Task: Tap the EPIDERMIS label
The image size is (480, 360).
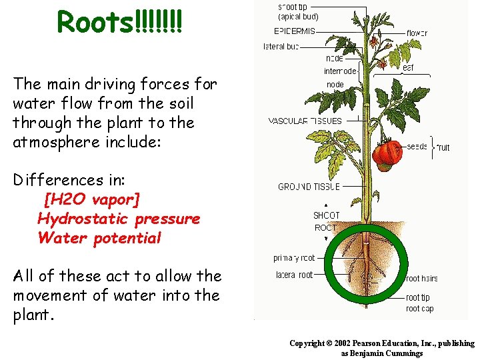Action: (x=295, y=31)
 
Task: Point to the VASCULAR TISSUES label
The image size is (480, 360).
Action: (x=305, y=121)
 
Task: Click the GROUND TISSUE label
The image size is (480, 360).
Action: (x=309, y=187)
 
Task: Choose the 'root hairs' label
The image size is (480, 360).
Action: (x=421, y=279)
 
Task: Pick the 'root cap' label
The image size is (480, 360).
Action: (x=419, y=309)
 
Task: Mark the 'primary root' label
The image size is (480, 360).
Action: (x=294, y=258)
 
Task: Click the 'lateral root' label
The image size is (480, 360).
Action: (x=294, y=275)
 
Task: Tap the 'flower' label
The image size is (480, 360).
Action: (x=417, y=33)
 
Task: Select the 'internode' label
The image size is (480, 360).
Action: (x=340, y=71)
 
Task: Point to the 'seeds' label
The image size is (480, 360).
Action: (x=417, y=147)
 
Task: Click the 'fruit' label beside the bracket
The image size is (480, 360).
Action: (x=443, y=147)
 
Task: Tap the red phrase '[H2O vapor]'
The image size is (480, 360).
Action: (x=92, y=199)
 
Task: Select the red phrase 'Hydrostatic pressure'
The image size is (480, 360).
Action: (x=119, y=219)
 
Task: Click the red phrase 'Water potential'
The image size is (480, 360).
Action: (x=99, y=238)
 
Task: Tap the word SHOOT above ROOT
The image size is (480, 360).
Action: (x=326, y=215)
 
